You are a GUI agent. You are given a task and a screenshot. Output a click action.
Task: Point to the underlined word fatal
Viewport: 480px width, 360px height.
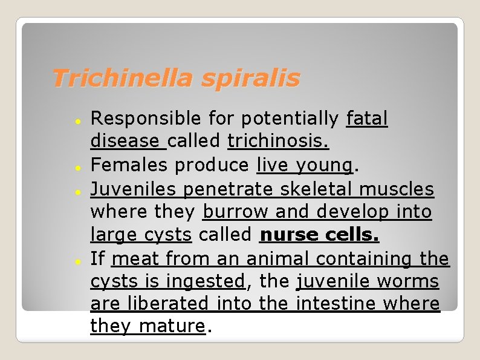pos(367,118)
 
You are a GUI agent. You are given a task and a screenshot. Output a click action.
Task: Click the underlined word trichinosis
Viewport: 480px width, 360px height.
pos(278,141)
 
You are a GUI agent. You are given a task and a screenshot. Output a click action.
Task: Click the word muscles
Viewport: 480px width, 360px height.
pos(397,189)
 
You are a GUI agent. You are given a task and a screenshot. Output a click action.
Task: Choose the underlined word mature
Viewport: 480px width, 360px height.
pos(172,327)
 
